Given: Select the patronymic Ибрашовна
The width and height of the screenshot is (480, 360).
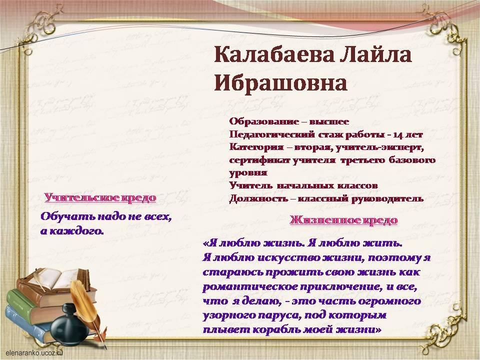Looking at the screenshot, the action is click(280, 82).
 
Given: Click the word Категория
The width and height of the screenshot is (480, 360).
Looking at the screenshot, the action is click(256, 147).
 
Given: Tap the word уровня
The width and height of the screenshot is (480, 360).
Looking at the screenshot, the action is click(248, 173).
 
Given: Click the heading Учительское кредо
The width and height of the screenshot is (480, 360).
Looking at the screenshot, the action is click(100, 197).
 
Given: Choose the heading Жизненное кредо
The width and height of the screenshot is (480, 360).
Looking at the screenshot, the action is click(344, 220).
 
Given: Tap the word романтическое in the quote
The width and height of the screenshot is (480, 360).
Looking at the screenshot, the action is click(250, 287).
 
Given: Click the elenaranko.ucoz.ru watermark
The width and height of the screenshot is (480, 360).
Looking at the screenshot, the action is click(34, 352).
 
